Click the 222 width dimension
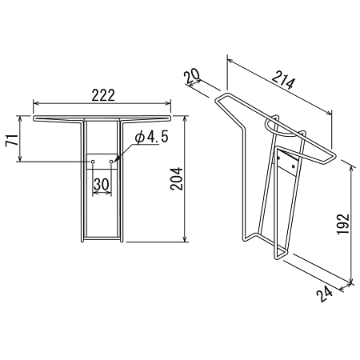coord(103,95)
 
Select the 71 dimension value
coord(13,140)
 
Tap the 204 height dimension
coord(177,178)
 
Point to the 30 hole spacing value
coord(102,184)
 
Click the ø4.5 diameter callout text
coord(152,138)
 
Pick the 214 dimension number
coord(284,80)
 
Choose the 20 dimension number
coord(192,76)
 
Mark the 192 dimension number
coord(343,224)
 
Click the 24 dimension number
coord(325,294)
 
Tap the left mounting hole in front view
coord(93,162)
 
